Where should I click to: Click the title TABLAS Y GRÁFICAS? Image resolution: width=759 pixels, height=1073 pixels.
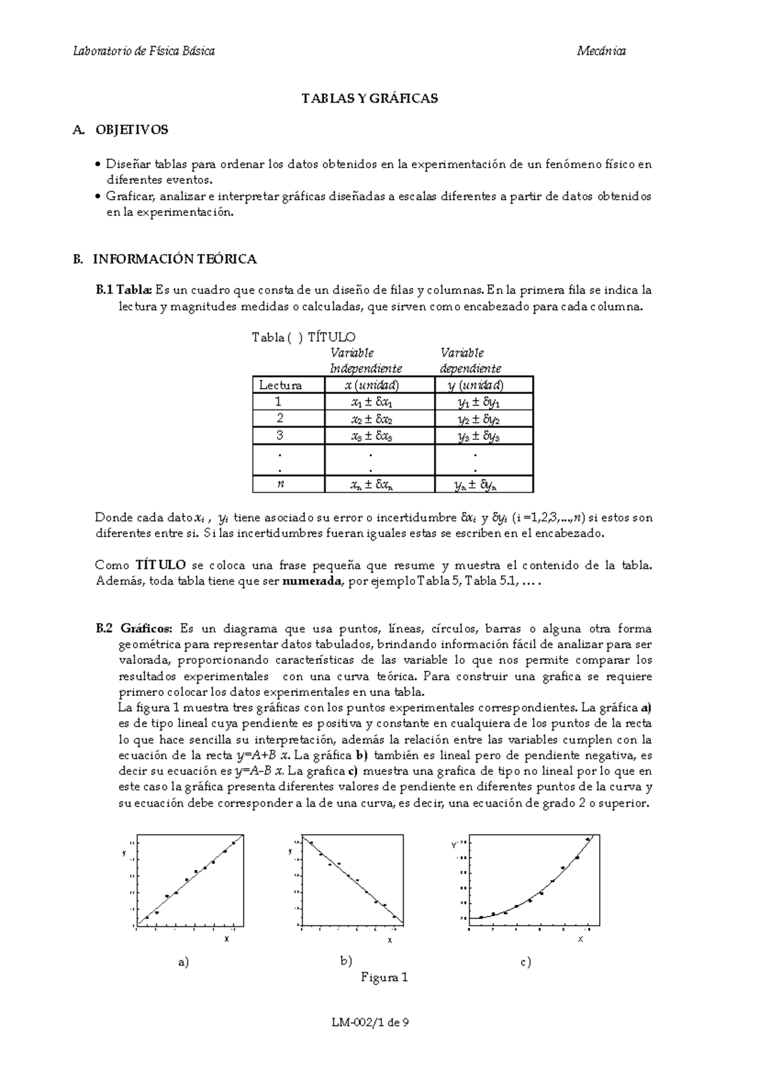(x=369, y=99)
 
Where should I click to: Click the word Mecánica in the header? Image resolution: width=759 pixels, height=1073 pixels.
(x=601, y=51)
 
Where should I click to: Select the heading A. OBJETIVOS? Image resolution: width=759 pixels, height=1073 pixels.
(x=121, y=130)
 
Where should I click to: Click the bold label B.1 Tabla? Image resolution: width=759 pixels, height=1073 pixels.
(x=124, y=290)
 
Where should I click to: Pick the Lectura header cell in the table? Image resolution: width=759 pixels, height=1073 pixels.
(x=280, y=385)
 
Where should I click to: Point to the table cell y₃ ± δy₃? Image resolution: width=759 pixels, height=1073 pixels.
(x=479, y=437)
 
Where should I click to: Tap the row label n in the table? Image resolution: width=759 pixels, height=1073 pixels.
(x=280, y=484)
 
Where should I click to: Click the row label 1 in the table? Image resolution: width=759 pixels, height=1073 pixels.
(x=279, y=402)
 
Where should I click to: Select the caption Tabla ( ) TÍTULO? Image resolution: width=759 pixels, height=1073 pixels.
(x=304, y=337)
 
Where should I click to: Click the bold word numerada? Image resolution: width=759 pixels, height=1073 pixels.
(x=311, y=581)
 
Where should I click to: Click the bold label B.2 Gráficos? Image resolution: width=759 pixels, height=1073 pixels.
(x=133, y=629)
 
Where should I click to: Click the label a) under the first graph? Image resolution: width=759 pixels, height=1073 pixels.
(x=183, y=962)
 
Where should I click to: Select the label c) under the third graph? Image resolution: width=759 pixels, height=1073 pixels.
(x=526, y=962)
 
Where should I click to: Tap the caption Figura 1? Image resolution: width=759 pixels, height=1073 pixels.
(x=384, y=977)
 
